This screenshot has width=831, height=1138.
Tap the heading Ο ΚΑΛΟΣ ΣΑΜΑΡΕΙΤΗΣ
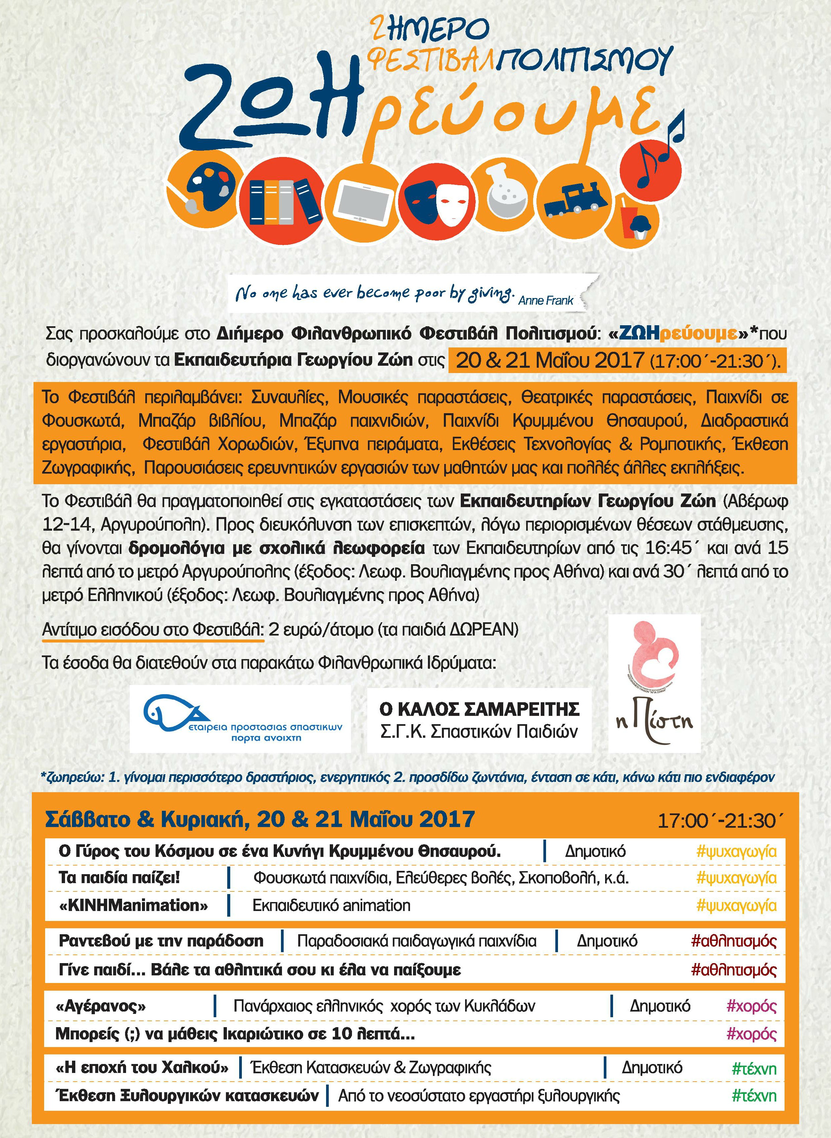tap(479, 709)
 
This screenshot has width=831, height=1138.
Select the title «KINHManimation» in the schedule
tap(133, 905)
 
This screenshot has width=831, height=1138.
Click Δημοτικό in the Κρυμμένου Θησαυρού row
tap(595, 851)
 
